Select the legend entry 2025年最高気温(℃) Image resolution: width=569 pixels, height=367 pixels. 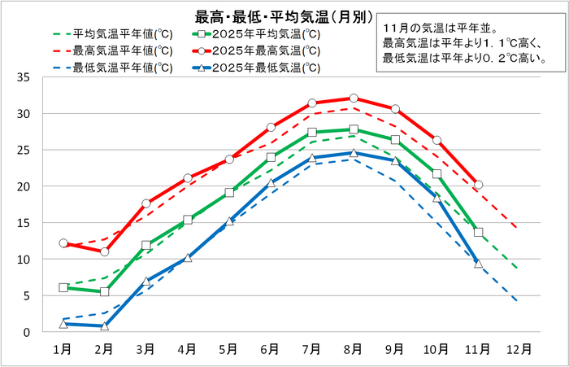pos(266,50)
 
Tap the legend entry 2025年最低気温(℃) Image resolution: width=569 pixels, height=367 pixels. pos(266,67)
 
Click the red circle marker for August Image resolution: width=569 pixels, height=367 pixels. pos(354,98)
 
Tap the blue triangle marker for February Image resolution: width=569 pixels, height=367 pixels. pos(104,326)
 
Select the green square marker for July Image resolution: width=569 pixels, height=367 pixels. pos(312,132)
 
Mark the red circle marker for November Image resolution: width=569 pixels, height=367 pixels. pos(478,185)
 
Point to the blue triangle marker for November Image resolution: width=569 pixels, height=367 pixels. pos(478,264)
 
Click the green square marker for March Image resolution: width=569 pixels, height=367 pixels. pos(146,245)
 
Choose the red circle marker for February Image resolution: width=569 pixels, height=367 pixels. pos(104,252)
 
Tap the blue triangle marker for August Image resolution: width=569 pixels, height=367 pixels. pos(354,153)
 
